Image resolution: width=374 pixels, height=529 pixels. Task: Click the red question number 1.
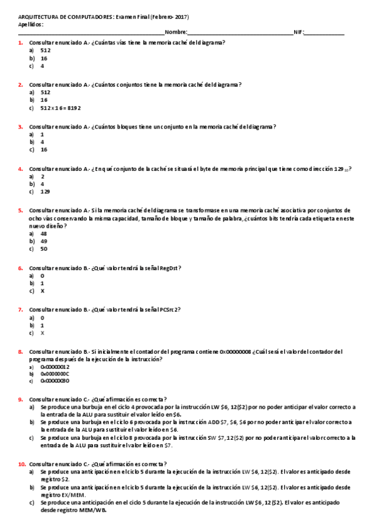click(21, 42)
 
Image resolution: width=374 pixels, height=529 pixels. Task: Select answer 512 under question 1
click(45, 50)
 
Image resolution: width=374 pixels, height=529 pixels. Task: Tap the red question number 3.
click(21, 127)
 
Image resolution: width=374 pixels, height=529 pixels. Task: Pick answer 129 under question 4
click(45, 192)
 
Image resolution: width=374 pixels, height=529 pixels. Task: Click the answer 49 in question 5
click(43, 241)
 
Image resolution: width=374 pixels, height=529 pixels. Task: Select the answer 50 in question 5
click(43, 248)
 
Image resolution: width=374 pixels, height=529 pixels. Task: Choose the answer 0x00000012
click(55, 367)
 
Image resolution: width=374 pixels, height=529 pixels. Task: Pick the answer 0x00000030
click(55, 381)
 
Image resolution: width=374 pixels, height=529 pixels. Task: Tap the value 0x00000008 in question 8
click(235, 352)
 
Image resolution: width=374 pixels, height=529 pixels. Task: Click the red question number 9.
click(21, 399)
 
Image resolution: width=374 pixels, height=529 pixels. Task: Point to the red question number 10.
click(22, 464)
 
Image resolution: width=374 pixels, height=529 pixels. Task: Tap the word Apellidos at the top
click(31, 24)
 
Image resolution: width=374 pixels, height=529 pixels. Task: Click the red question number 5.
click(21, 211)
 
